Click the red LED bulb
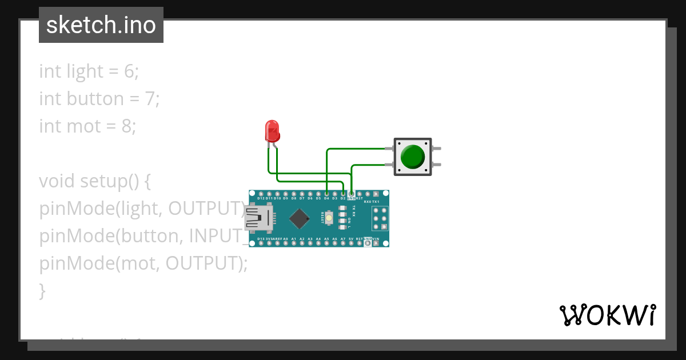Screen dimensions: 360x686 [x=272, y=130]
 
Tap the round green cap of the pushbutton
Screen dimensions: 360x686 [x=412, y=157]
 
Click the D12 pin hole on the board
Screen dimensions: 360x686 [x=261, y=194]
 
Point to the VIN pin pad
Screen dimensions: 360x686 [x=376, y=243]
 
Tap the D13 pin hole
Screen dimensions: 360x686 [x=261, y=243]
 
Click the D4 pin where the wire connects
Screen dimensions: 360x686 [x=326, y=194]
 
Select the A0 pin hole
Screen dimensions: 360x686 [x=285, y=243]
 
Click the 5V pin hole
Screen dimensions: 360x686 [x=351, y=243]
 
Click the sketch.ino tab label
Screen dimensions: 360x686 [x=101, y=25]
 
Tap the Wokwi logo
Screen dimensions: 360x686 [x=607, y=315]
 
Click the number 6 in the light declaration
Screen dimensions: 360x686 [x=129, y=71]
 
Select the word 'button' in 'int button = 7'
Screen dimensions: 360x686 [x=95, y=99]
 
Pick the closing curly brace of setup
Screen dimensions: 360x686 [x=42, y=291]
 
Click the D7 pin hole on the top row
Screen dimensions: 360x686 [x=302, y=194]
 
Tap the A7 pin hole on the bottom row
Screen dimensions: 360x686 [x=343, y=243]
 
